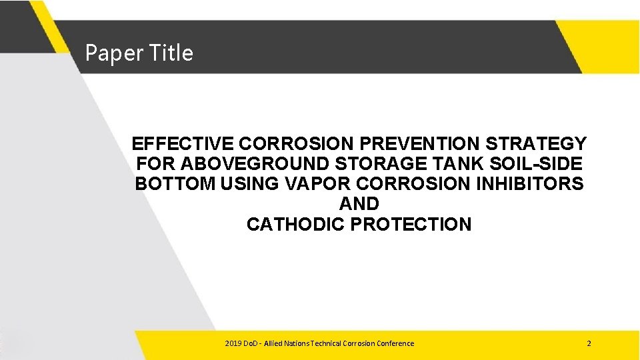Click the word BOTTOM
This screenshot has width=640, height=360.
(174, 183)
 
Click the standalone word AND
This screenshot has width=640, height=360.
(359, 204)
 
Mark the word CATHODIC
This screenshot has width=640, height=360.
(295, 224)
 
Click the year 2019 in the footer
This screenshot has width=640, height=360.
(233, 343)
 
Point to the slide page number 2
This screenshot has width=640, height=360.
(589, 343)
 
